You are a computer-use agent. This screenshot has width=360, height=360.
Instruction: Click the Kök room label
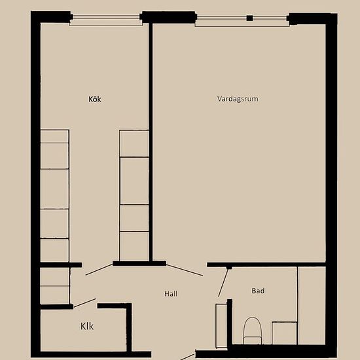click(x=96, y=99)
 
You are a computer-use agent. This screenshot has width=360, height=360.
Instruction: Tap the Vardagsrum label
click(x=238, y=99)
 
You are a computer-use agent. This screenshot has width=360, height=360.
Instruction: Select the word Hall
click(x=171, y=294)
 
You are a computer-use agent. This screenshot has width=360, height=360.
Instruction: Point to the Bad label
click(x=258, y=291)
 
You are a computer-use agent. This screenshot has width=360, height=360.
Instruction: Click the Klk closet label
click(x=87, y=326)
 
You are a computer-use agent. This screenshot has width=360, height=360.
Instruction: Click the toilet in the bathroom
click(x=252, y=330)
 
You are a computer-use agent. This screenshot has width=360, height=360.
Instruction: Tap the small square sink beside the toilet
click(x=285, y=333)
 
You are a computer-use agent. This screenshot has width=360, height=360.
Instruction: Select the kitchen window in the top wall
click(x=105, y=20)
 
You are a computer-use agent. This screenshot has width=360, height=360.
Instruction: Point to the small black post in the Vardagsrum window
click(x=249, y=18)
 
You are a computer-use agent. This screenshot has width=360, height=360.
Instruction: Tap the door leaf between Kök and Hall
click(x=99, y=269)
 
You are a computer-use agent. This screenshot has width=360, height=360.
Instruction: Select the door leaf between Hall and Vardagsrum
click(x=184, y=270)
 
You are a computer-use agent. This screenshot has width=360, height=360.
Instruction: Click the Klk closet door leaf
click(x=84, y=302)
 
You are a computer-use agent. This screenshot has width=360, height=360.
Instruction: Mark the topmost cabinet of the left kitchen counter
click(x=54, y=136)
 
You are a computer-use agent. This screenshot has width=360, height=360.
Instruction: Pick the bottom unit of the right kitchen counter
click(x=134, y=246)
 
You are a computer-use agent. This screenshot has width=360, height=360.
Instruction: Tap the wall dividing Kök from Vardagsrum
click(x=150, y=141)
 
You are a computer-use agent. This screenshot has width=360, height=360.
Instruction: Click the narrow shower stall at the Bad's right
click(x=312, y=304)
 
